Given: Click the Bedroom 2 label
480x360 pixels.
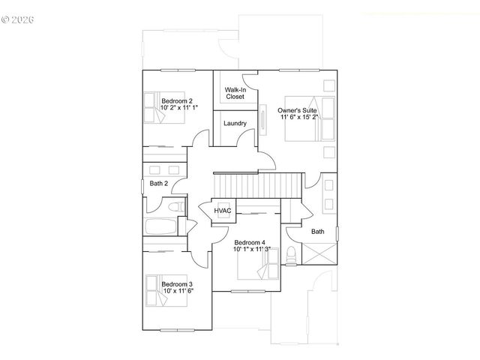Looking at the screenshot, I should click(177, 101).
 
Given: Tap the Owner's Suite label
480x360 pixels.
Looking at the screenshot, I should click(298, 109).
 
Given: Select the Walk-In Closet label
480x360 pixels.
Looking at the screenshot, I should click(235, 93).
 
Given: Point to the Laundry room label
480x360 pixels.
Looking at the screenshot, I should click(235, 123).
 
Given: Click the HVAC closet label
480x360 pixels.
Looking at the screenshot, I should click(223, 211).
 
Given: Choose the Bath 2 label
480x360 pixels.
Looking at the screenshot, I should click(157, 183).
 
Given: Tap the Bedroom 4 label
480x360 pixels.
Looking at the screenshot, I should click(250, 242).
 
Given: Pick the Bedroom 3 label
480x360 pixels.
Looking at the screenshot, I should click(177, 284).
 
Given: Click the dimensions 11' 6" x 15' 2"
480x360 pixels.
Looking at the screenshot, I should click(298, 117).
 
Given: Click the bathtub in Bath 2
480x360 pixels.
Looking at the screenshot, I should click(161, 226).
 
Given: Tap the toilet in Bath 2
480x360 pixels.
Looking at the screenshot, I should click(175, 206).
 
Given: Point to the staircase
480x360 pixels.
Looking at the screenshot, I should click(257, 183).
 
